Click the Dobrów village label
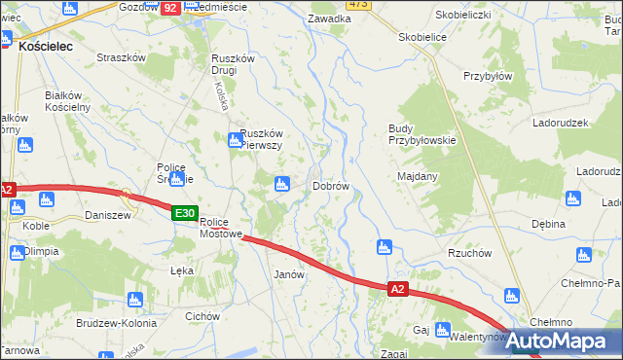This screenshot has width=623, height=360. click(x=331, y=185)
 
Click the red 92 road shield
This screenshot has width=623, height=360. click(x=170, y=7)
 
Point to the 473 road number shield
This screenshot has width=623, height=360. click(x=358, y=4)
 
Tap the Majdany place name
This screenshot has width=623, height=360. click(x=418, y=176)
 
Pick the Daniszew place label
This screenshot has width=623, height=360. click(x=108, y=215)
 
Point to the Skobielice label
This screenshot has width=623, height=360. click(x=422, y=37)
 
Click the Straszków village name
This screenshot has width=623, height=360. click(x=121, y=57)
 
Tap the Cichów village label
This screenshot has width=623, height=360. click(x=202, y=316)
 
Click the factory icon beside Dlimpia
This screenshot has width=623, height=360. click(x=17, y=253)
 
